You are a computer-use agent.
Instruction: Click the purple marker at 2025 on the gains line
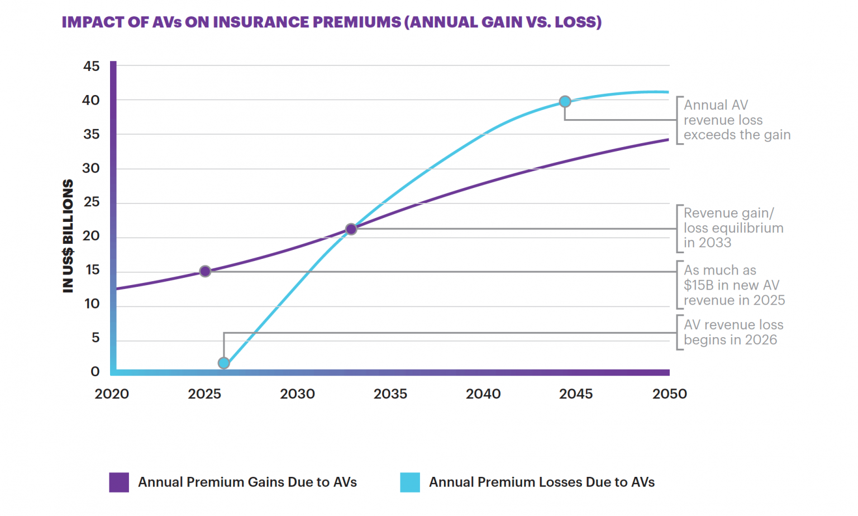205,271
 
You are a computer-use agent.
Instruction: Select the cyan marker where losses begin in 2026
223,363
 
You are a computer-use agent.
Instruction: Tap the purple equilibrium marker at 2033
351,229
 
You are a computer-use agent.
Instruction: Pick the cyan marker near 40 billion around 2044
565,101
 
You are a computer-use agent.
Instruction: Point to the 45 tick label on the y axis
91,67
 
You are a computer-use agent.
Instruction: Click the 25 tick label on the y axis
91,202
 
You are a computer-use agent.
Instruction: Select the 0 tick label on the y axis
95,372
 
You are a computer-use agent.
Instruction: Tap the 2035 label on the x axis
390,394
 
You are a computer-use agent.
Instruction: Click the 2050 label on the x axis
669,394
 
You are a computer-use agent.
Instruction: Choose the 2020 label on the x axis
112,394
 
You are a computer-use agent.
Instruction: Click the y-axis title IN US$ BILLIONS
68,236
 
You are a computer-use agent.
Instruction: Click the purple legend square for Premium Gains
119,482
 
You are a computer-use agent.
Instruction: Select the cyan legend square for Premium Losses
410,482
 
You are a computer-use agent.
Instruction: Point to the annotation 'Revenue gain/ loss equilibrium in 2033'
733,228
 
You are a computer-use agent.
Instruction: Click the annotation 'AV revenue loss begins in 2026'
733,332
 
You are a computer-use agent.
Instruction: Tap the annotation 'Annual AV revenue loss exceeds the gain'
736,120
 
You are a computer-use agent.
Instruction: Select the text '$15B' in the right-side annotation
698,286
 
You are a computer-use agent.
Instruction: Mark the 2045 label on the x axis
576,394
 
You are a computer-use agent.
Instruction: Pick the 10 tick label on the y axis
92,304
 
